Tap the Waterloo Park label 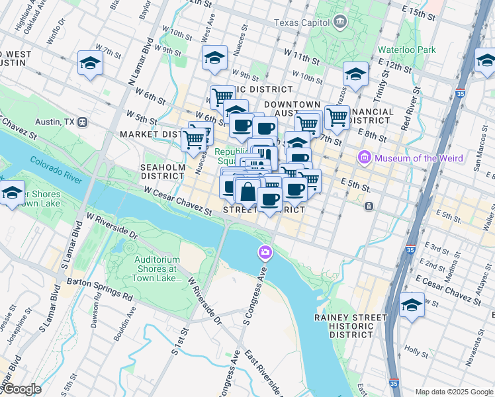click(x=406, y=50)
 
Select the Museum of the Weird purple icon click(x=363, y=157)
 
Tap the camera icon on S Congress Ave click(x=265, y=252)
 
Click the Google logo click(x=21, y=390)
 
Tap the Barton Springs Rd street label click(x=99, y=296)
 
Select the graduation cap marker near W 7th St click(x=91, y=64)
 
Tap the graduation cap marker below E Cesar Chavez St click(x=412, y=306)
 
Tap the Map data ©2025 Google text click(x=454, y=391)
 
